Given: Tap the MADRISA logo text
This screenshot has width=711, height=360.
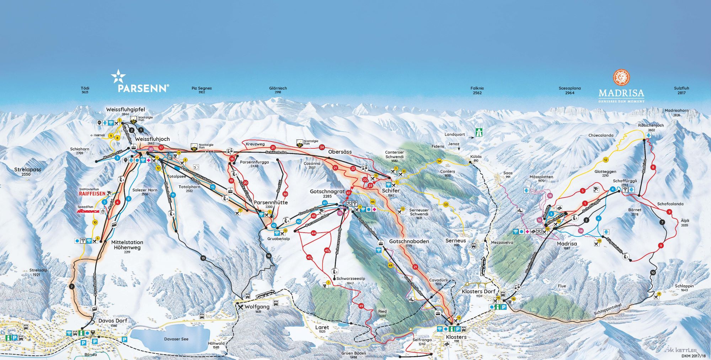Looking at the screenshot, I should coord(621,93).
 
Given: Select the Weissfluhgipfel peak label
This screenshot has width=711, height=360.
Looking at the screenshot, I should coord(125,110).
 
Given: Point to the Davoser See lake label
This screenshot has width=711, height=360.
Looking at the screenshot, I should coord(176,339).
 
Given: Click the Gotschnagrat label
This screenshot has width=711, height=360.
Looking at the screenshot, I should coord(327,191).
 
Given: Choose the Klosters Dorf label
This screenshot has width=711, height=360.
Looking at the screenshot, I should coord(478,291).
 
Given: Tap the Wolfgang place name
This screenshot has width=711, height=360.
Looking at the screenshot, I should coord(257,306).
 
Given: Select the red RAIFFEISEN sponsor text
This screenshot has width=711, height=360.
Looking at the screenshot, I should coord(92,194).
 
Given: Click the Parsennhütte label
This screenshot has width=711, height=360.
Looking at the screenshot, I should coord(271,202).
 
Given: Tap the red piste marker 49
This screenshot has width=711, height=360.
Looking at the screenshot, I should coord(361,306).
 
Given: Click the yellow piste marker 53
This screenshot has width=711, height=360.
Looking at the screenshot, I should coord(446,205).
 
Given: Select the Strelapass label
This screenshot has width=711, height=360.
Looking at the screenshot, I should coord(28,170).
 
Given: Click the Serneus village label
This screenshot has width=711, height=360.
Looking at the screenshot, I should coord(455,241).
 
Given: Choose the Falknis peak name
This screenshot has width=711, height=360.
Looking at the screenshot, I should coord(477,88).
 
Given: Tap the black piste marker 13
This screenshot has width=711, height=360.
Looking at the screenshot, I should coord(203,258).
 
